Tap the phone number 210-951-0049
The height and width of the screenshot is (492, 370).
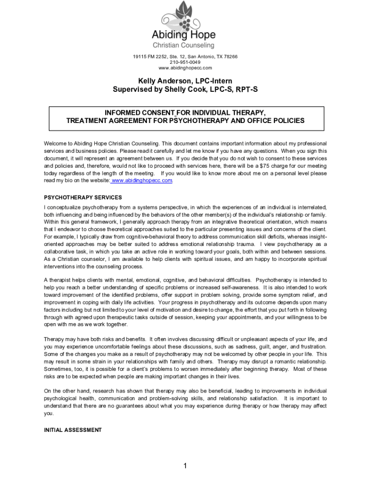click(185, 62)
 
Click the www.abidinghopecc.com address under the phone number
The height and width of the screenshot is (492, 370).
click(185, 68)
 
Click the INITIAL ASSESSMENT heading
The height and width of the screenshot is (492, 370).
click(73, 430)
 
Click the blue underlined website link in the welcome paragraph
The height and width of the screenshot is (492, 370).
click(142, 180)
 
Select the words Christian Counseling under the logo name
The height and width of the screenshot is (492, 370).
click(184, 46)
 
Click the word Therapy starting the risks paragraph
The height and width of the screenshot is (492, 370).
click(55, 339)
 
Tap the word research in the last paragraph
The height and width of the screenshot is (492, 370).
click(106, 391)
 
